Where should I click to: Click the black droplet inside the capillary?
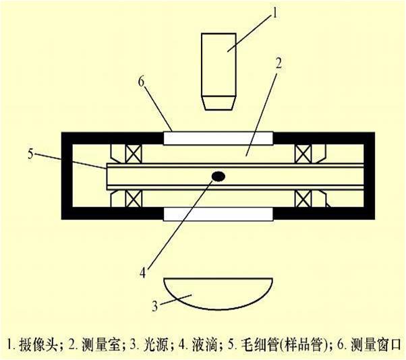[x=219, y=176]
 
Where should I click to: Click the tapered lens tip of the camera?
[x=220, y=102]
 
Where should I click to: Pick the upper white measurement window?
[x=219, y=138]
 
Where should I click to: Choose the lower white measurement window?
[x=219, y=214]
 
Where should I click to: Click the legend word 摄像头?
[x=38, y=344]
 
